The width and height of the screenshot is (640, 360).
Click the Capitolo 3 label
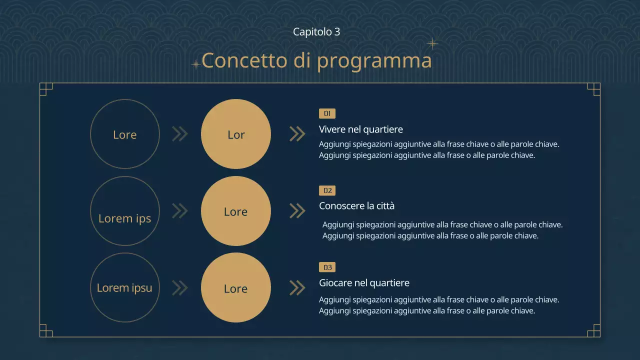coord(316,31)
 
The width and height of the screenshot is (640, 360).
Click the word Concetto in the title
coord(244,60)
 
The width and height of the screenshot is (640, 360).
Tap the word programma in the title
coord(374,61)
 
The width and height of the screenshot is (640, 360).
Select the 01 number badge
coord(327,113)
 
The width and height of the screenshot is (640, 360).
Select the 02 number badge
coord(327,190)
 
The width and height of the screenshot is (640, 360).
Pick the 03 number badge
coord(327,267)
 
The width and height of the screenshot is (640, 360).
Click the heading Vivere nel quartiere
coord(360,129)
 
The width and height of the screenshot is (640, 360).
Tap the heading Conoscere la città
coord(356,206)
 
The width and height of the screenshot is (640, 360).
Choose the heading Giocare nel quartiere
coord(364,283)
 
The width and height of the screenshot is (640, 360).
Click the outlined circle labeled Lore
coord(124,134)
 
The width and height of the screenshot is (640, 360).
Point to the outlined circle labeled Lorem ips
coord(124,211)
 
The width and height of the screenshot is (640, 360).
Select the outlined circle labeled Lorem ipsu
coord(124,288)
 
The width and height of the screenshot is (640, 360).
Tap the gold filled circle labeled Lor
coord(235,134)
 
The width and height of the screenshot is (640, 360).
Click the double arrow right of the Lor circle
coord(297,134)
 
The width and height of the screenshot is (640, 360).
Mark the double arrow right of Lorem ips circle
coord(179,211)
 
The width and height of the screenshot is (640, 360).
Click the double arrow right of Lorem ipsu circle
coord(179,288)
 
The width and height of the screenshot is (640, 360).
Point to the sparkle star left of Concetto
coord(196,64)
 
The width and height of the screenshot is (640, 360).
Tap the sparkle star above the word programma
coord(432,44)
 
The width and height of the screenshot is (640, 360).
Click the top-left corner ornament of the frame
coord(46,89)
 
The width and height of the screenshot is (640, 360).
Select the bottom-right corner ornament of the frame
coord(593,330)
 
